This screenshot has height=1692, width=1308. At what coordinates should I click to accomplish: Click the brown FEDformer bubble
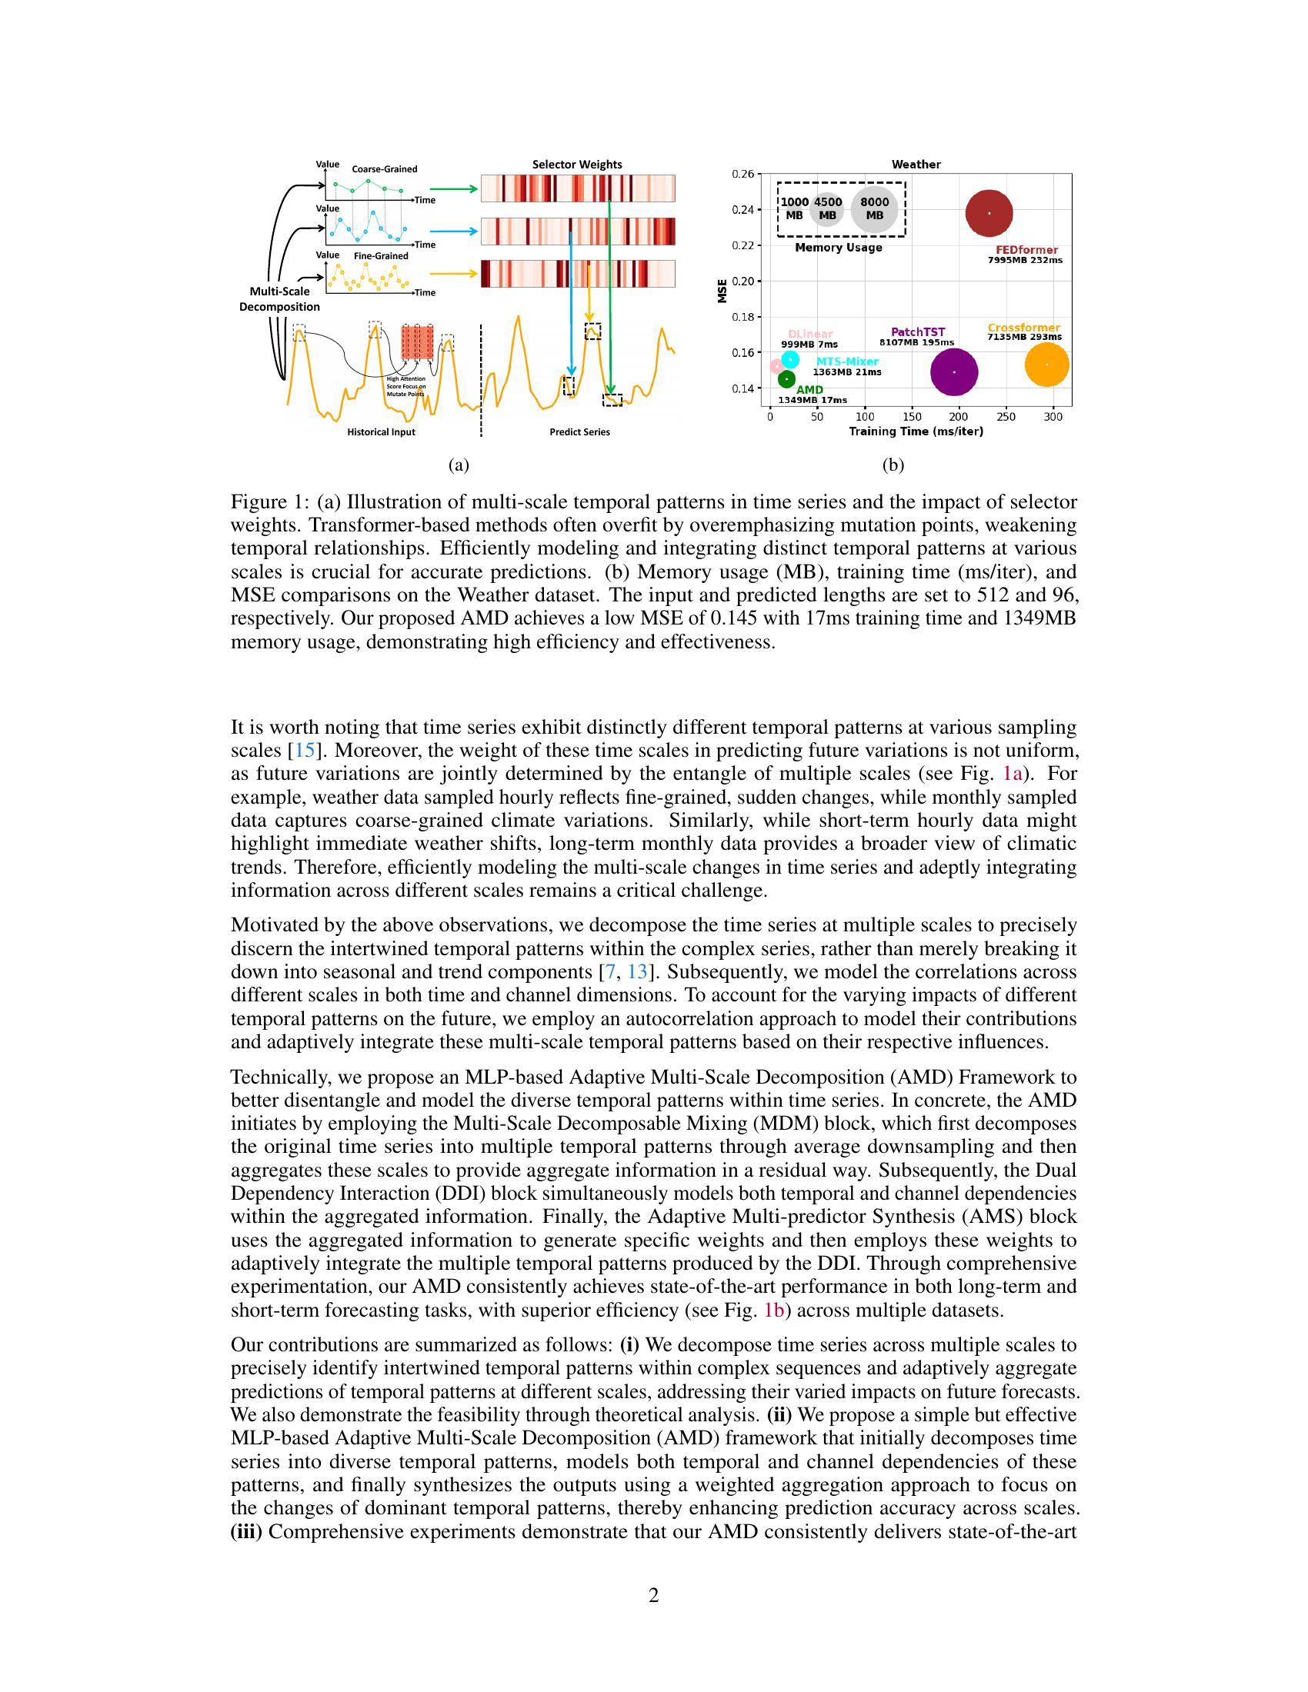pos(989,213)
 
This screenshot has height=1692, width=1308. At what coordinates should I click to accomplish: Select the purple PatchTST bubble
pos(954,372)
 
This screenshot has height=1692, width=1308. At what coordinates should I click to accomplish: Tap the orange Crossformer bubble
pos(1047,364)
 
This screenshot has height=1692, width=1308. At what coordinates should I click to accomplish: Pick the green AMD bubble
pos(786,379)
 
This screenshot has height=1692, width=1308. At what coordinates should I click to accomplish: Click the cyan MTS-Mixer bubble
pos(789,359)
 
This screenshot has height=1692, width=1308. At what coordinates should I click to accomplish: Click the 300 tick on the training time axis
pos(1053,417)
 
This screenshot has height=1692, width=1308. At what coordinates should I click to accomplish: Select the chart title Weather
pos(916,165)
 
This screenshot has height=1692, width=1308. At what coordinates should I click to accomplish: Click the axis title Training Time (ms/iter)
pos(916,431)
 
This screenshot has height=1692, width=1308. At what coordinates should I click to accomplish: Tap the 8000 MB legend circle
pos(875,209)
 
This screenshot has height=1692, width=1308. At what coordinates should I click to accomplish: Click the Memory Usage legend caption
pos(839,247)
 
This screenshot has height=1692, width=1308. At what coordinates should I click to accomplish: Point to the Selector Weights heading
pos(576,165)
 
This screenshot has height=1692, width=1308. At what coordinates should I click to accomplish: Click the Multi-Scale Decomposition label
pos(279,299)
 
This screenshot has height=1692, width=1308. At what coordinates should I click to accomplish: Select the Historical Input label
pos(380,432)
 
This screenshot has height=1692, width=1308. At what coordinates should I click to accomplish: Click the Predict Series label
pos(579,432)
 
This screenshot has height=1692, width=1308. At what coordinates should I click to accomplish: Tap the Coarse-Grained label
pos(385,169)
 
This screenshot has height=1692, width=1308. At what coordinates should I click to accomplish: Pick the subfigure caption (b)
pos(893,465)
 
